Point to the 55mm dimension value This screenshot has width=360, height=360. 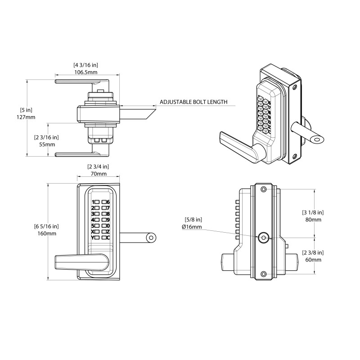click(47, 144)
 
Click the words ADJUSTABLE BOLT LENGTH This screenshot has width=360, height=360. click(193, 102)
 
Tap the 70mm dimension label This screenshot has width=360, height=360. click(98, 174)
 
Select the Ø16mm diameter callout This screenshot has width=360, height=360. click(192, 227)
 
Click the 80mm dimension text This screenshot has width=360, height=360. click(313, 220)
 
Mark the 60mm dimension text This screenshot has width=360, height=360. click(313, 260)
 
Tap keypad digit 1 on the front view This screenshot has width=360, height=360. click(93, 202)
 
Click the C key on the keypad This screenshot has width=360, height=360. click(108, 237)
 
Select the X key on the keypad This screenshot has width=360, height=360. click(93, 231)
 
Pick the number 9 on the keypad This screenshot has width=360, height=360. click(108, 220)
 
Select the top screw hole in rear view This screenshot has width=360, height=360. click(263, 189)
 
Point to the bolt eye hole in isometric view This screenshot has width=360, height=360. click(319, 140)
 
